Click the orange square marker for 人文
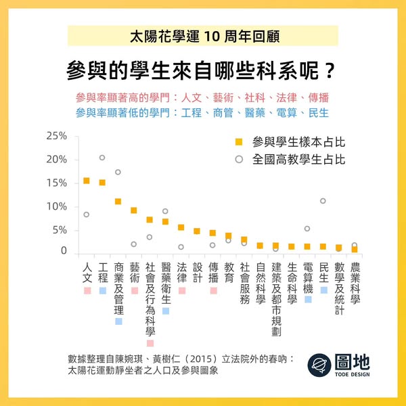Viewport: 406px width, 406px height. pos(86,181)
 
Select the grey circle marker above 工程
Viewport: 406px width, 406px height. pos(102,158)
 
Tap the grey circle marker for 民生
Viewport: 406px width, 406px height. pos(323,201)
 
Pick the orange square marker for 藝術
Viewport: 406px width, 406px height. pos(134,210)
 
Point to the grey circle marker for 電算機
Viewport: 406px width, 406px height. pos(307,229)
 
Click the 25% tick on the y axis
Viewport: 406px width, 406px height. pos(56,136)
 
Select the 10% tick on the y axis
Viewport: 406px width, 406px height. pos(56,206)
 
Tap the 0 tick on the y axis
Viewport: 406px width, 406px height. pos(64,252)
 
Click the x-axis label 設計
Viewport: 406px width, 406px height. pos(197,273)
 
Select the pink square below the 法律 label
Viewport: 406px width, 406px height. pos(181,290)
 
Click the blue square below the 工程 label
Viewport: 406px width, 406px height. pos(102,290)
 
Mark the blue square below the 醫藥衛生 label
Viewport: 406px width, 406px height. pos(166,311)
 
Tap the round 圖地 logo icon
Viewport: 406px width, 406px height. pos(318,365)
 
